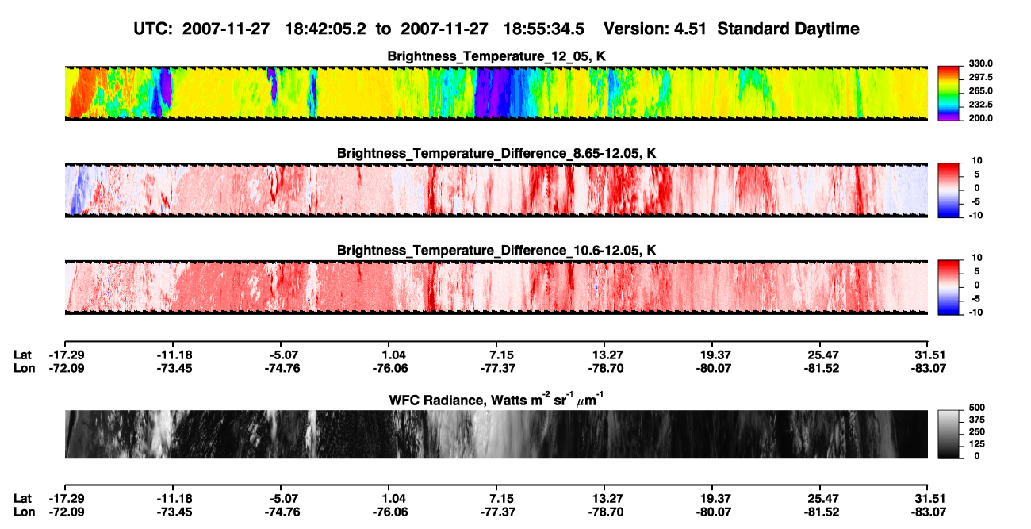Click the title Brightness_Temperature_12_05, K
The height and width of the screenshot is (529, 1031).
click(496, 56)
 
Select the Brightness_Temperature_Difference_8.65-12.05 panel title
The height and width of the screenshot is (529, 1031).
click(496, 153)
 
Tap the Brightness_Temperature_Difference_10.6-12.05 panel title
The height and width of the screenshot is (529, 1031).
click(496, 251)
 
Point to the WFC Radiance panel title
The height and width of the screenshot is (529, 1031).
click(496, 399)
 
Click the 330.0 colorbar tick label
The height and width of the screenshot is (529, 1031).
click(980, 63)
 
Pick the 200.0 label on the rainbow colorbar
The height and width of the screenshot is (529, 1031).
click(980, 118)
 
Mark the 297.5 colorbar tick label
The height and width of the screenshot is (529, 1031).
click(980, 78)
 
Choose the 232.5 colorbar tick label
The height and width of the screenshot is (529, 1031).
click(980, 105)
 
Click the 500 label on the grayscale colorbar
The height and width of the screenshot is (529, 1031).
click(977, 408)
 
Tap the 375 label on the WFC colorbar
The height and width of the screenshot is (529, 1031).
click(977, 420)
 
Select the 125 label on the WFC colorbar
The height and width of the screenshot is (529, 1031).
click(977, 444)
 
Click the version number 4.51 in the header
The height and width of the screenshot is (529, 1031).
click(690, 29)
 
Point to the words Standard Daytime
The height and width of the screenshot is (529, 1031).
click(788, 29)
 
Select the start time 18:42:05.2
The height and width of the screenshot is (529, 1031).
click(325, 29)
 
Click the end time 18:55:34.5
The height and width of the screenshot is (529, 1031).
click(543, 29)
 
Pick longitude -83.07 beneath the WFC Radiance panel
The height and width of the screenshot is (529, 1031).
click(929, 512)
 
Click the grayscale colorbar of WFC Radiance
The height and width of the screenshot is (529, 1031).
click(949, 434)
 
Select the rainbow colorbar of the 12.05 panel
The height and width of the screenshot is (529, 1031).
click(949, 94)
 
